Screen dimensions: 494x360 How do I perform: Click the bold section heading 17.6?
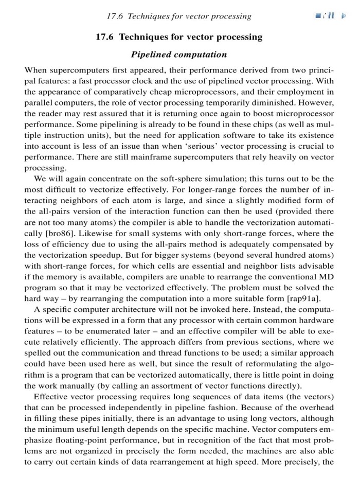click(179, 37)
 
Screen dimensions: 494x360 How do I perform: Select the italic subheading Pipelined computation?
click(179, 54)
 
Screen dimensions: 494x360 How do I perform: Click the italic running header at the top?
click(179, 16)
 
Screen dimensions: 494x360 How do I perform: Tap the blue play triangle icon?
click(345, 16)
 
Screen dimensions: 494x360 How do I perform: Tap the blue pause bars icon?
click(331, 16)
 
